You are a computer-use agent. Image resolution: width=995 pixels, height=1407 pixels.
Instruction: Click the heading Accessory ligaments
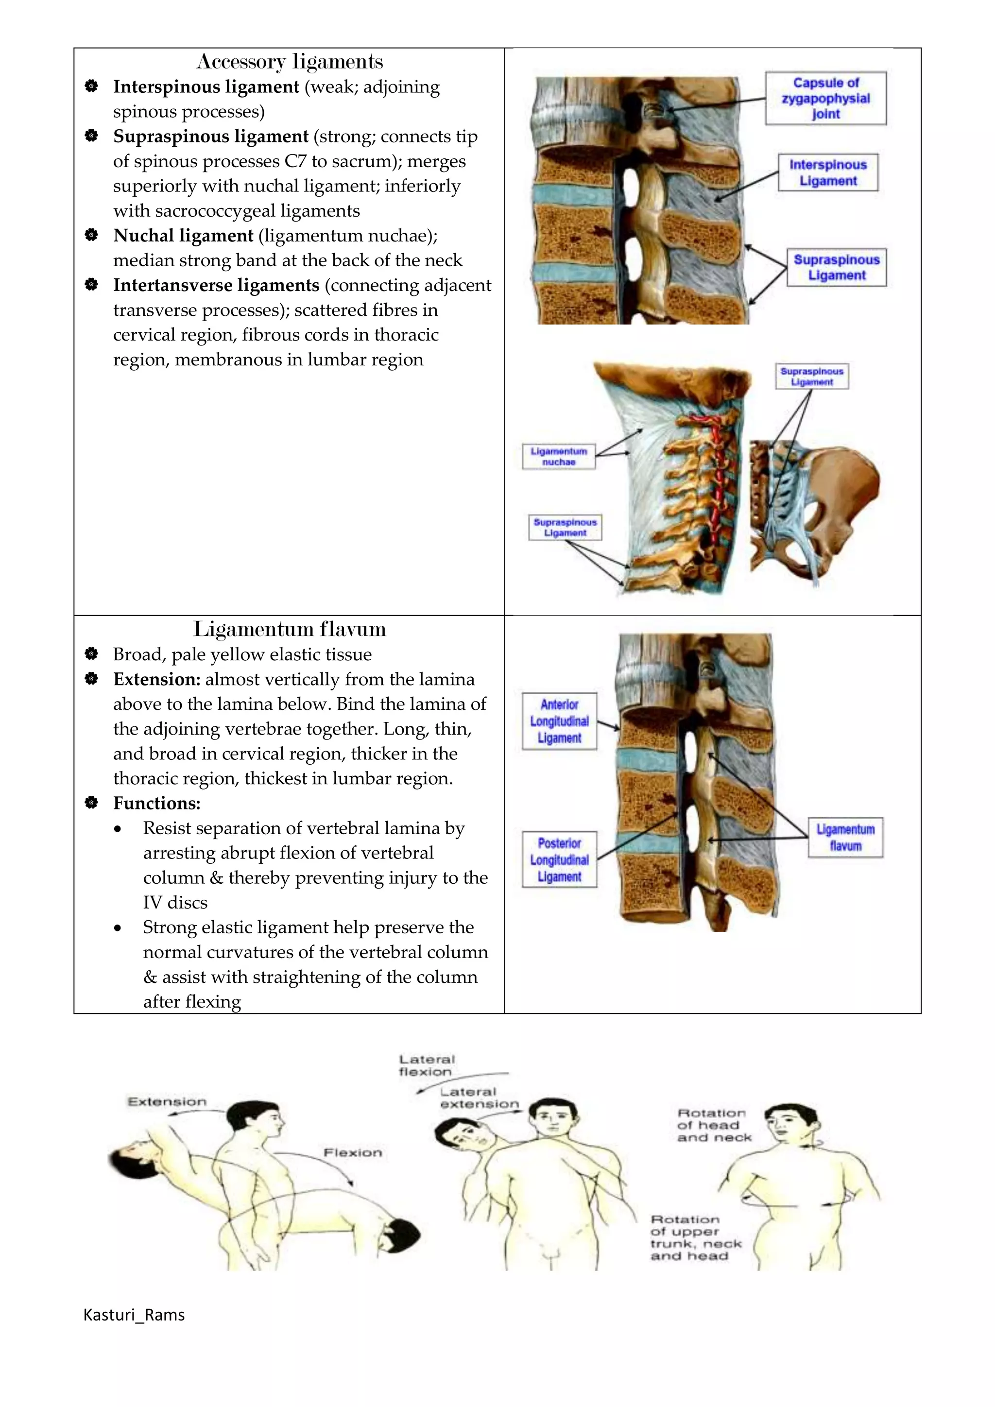click(x=289, y=62)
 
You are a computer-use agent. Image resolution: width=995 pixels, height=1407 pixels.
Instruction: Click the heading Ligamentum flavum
click(x=289, y=629)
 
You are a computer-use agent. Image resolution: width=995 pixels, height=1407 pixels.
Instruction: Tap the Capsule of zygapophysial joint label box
click(x=825, y=98)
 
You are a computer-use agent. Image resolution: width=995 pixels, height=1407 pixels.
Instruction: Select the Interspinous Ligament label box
click(x=828, y=173)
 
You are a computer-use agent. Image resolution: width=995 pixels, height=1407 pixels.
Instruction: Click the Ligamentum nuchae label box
click(x=558, y=457)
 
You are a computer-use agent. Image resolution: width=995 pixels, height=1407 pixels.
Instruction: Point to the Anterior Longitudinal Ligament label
click(x=559, y=721)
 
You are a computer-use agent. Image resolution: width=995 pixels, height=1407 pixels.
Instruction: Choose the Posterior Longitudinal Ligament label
click(x=559, y=860)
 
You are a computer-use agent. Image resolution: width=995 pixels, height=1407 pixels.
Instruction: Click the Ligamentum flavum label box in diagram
click(x=845, y=838)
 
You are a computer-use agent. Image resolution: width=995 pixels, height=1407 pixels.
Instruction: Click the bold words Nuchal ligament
click(x=183, y=236)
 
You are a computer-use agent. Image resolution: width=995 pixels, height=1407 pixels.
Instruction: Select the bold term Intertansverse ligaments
click(x=216, y=286)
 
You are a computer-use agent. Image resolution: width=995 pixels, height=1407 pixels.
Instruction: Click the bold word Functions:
click(x=157, y=804)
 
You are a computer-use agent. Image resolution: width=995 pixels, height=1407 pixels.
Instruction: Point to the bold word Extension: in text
click(x=157, y=680)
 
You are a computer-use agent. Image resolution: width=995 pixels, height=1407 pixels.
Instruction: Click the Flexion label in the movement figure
click(x=352, y=1153)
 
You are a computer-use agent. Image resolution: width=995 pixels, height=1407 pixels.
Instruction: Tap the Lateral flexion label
click(x=427, y=1065)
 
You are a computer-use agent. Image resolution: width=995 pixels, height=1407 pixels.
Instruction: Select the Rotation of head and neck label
click(x=713, y=1125)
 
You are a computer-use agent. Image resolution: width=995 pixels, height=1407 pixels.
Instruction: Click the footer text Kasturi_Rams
click(x=134, y=1315)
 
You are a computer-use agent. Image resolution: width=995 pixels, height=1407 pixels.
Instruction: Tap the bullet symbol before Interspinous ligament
click(x=91, y=86)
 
